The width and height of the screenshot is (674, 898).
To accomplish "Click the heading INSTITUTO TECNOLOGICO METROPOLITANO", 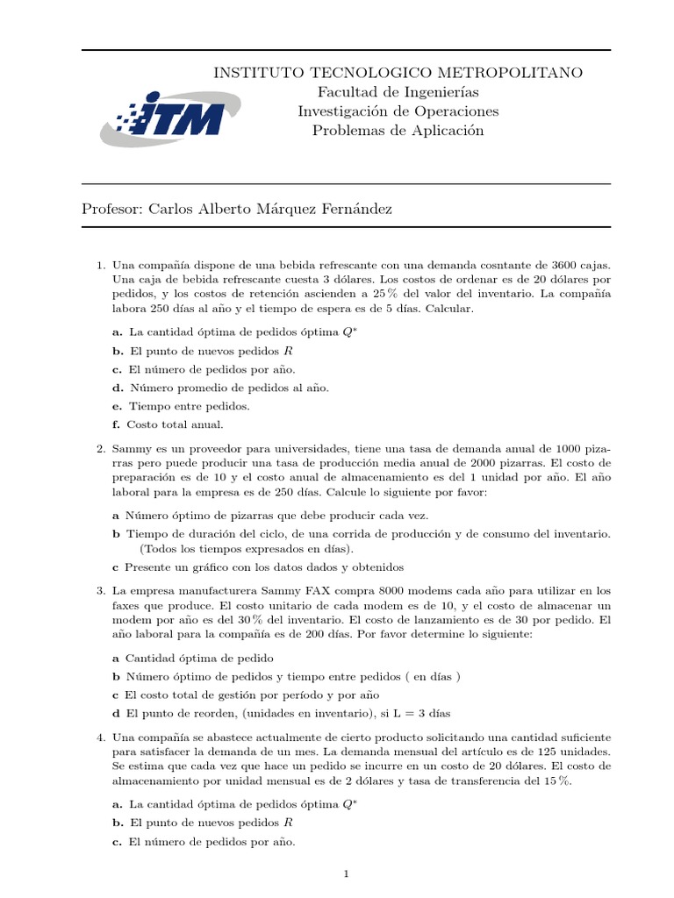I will pyautogui.click(x=398, y=73).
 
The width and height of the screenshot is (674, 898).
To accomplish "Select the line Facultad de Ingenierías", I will pyautogui.click(x=398, y=92).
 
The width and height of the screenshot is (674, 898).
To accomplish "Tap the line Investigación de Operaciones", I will pyautogui.click(x=398, y=111).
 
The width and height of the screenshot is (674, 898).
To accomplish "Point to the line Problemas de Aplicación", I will pyautogui.click(x=398, y=131).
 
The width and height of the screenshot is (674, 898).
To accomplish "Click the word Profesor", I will pyautogui.click(x=112, y=209).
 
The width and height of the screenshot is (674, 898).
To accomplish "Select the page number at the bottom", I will pyautogui.click(x=348, y=873).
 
